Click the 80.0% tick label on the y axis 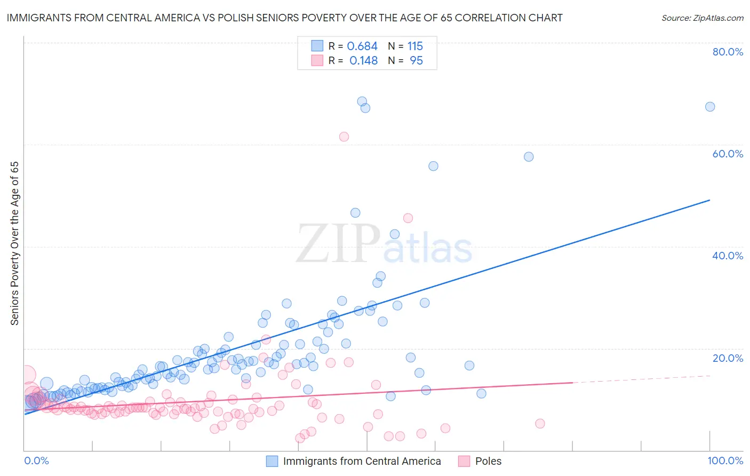click(x=728, y=52)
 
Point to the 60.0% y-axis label click(x=728, y=154)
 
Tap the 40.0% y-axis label click(x=728, y=256)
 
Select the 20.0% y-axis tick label click(x=728, y=358)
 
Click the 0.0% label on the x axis click(x=36, y=461)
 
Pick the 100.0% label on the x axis click(x=725, y=461)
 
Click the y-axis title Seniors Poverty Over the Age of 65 click(x=14, y=243)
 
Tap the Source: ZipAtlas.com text click(x=702, y=18)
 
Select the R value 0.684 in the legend click(x=362, y=46)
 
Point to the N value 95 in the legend click(x=416, y=61)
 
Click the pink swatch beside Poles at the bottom click(x=464, y=461)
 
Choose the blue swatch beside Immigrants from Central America click(x=272, y=461)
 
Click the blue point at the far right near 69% click(x=710, y=107)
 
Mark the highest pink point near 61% click(x=344, y=137)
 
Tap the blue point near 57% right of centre click(x=529, y=157)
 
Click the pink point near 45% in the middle click(x=408, y=218)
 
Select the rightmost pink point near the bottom click(x=540, y=424)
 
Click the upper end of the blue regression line click(x=709, y=200)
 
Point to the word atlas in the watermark click(x=428, y=248)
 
